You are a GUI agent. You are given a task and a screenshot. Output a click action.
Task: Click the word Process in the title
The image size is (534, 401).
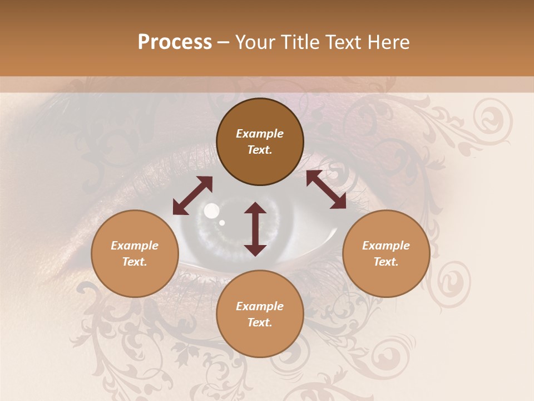[175, 42]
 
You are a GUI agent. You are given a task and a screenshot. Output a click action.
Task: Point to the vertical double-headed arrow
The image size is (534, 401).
[255, 229]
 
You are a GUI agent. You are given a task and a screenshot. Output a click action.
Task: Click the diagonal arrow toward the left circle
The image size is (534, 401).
[192, 195]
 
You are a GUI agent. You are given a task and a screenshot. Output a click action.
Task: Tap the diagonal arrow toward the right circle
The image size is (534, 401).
[326, 190]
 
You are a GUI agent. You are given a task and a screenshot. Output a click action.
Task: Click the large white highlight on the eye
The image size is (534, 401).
[211, 211]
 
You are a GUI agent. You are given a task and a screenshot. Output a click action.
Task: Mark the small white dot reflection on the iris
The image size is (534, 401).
[222, 223]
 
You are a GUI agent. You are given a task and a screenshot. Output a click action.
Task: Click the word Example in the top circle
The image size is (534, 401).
[260, 134]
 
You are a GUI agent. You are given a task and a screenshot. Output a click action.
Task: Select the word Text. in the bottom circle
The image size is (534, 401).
[260, 322]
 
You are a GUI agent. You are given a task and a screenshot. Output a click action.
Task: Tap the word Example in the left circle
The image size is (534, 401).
[135, 246]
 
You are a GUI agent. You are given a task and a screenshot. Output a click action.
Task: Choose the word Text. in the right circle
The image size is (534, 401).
[386, 262]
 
